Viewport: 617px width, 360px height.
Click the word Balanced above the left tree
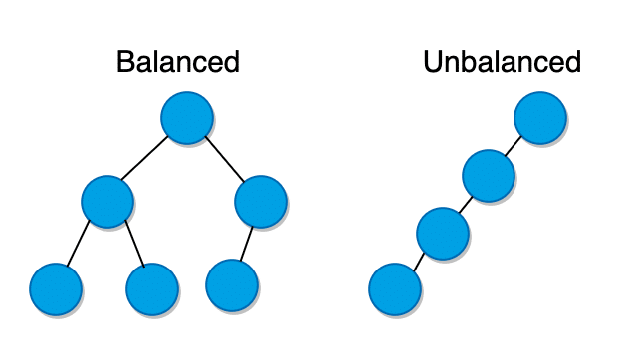(x=178, y=62)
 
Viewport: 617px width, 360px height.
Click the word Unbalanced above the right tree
(x=502, y=62)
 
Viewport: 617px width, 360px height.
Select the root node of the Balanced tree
(x=187, y=118)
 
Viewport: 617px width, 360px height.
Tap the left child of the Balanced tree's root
(x=107, y=200)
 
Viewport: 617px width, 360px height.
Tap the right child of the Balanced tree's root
(x=261, y=200)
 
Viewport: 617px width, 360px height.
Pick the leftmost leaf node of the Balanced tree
(x=56, y=289)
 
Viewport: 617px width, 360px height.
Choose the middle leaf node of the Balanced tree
(x=152, y=289)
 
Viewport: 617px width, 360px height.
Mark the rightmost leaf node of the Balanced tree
(x=232, y=285)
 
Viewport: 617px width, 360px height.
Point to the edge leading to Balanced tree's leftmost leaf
(x=80, y=246)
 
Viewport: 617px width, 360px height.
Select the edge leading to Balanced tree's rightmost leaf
(x=247, y=244)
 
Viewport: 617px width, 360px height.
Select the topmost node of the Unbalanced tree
(x=540, y=119)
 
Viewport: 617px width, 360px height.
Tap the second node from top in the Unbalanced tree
(x=489, y=177)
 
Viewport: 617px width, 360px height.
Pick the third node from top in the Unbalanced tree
(x=443, y=234)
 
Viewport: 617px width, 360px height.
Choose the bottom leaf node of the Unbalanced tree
(x=395, y=290)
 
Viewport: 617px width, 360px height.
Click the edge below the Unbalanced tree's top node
(x=514, y=148)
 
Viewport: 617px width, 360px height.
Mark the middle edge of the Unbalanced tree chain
(x=466, y=206)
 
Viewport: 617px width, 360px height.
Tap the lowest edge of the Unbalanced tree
(x=418, y=263)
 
